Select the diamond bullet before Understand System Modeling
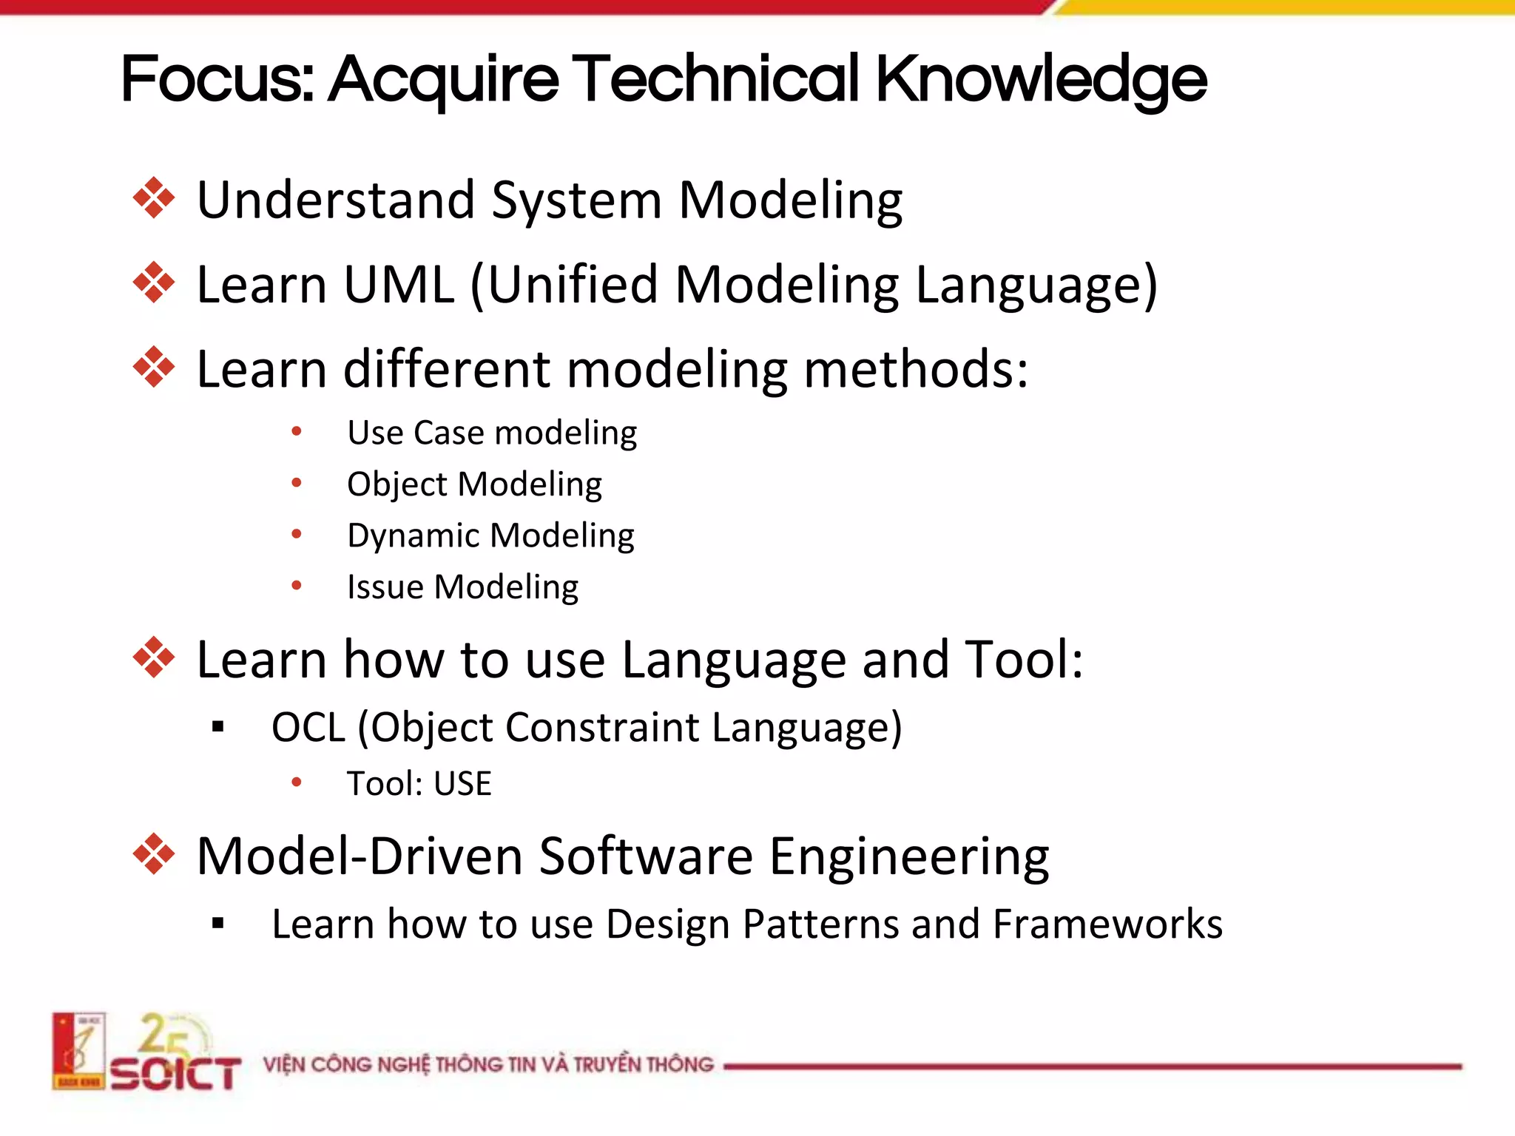click(154, 198)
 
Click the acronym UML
click(399, 285)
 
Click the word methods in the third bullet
click(914, 369)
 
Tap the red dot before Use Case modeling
click(297, 431)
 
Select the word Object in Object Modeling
click(397, 485)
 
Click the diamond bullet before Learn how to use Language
click(154, 657)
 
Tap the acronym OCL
click(308, 728)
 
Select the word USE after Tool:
click(462, 784)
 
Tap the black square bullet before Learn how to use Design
click(217, 923)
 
